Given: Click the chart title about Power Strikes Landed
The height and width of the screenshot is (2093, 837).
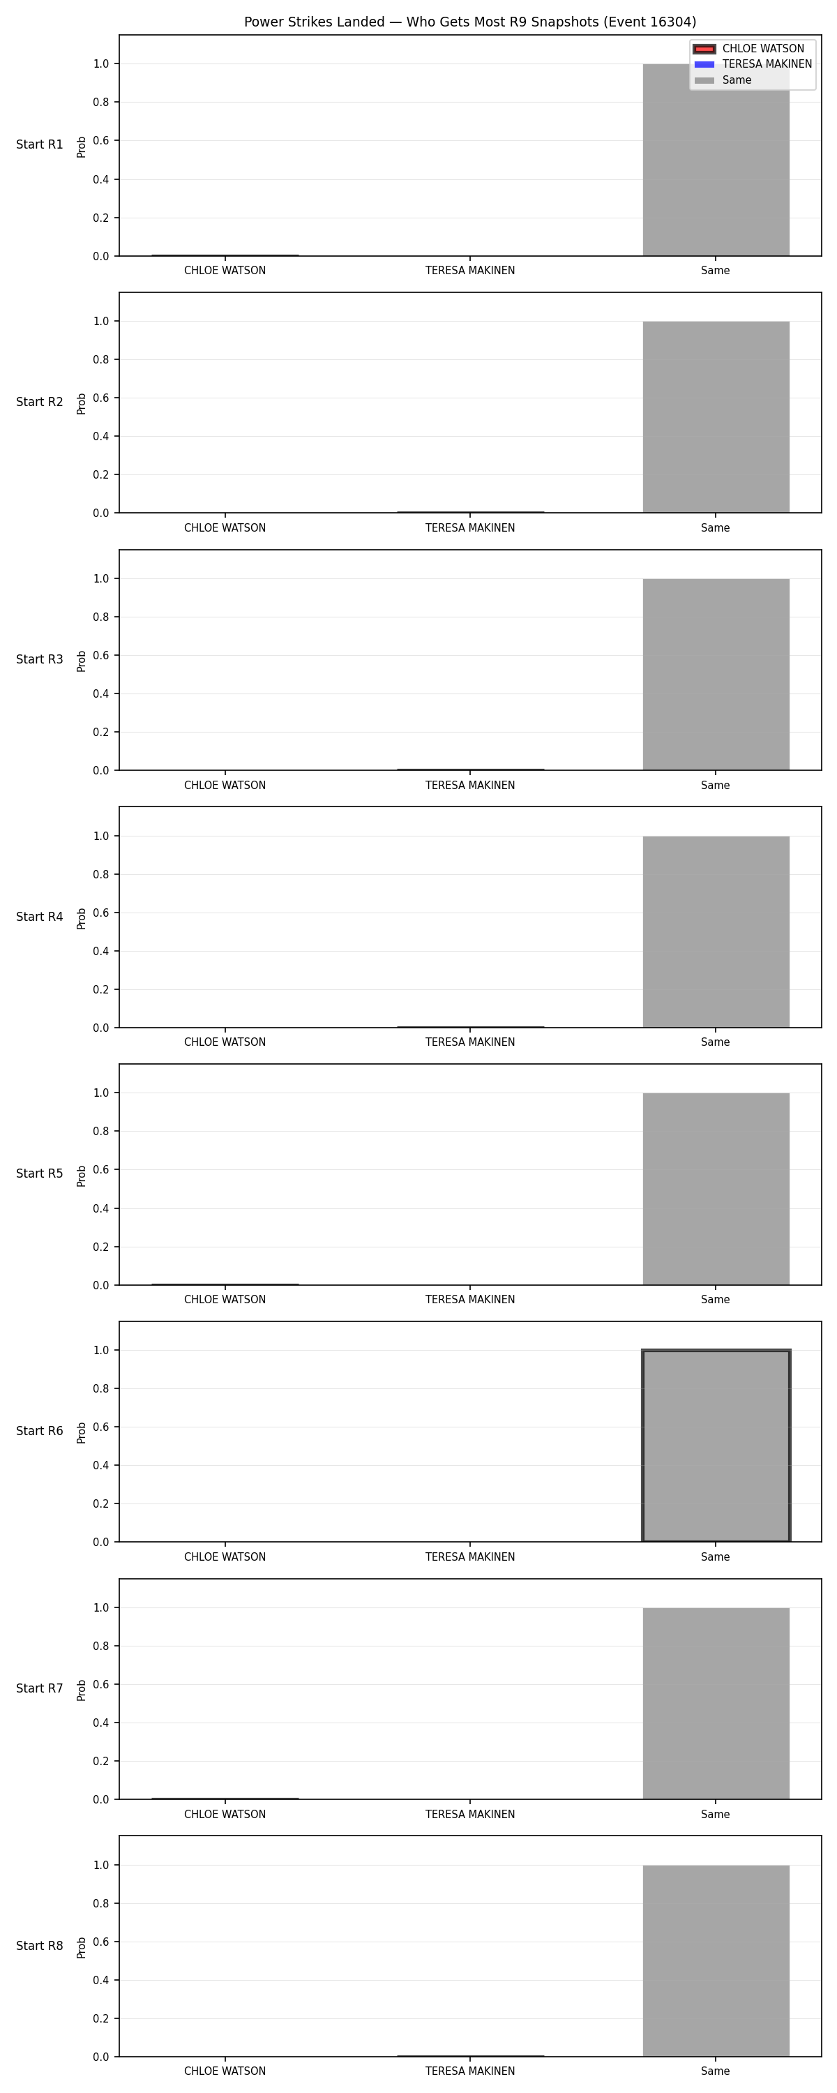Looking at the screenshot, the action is [469, 22].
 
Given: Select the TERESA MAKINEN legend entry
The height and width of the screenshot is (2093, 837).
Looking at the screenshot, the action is [753, 64].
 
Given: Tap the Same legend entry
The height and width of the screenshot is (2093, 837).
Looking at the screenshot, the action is [723, 80].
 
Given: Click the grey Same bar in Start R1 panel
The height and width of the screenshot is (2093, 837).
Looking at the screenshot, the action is [716, 160].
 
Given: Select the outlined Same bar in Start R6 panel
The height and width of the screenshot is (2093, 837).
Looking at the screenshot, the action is [716, 1446].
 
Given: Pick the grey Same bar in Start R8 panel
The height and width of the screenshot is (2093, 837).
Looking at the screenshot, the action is [716, 1960].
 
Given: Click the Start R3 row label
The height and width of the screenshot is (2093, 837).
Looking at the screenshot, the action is [40, 659].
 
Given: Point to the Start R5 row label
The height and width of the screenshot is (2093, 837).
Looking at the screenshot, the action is [40, 1173].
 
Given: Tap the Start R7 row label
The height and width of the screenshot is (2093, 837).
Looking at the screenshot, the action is [40, 1688].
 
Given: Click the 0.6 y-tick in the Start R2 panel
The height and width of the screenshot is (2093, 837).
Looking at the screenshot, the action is [100, 398].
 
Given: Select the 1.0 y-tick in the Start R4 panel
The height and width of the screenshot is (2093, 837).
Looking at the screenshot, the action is [100, 836].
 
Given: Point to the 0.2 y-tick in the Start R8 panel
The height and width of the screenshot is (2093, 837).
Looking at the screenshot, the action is [100, 2018].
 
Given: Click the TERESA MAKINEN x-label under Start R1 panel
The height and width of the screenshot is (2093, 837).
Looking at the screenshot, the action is [469, 271].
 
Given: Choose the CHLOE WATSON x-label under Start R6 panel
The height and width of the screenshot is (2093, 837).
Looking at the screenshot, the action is [225, 1556].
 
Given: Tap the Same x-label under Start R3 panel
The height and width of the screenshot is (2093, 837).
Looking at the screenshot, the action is [715, 785].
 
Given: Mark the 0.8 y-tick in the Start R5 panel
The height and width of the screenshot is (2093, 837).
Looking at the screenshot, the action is [100, 1131].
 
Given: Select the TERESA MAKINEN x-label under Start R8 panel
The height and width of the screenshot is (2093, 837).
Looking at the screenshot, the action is [469, 2071].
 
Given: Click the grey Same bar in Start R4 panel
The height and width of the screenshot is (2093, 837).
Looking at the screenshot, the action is [716, 932].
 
